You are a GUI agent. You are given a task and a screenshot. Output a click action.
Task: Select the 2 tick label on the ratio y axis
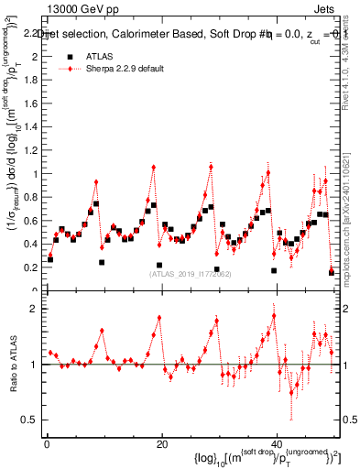click(35, 309)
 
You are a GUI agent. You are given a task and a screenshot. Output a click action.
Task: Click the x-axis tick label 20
click(161, 442)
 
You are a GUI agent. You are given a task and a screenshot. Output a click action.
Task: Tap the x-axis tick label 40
click(277, 442)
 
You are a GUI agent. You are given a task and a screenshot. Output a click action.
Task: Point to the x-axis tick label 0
click(46, 442)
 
